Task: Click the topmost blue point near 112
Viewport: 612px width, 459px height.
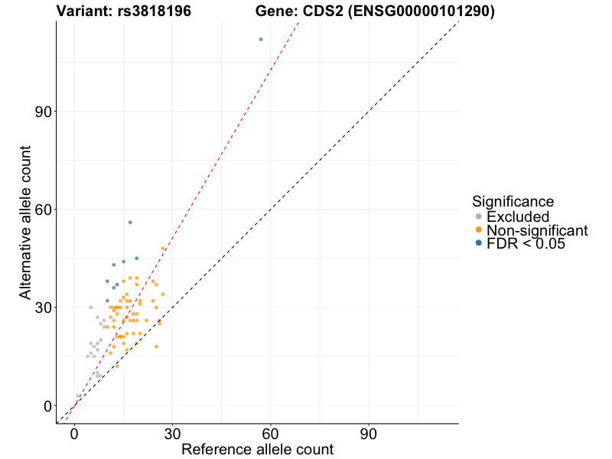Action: [261, 39]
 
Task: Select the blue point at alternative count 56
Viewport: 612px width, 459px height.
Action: [130, 222]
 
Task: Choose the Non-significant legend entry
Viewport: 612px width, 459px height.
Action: [536, 230]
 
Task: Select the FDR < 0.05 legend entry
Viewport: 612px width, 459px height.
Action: [526, 243]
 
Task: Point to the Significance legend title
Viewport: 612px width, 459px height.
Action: [513, 202]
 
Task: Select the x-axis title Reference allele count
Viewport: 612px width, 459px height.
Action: [257, 450]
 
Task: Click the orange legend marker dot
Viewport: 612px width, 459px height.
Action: [479, 230]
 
